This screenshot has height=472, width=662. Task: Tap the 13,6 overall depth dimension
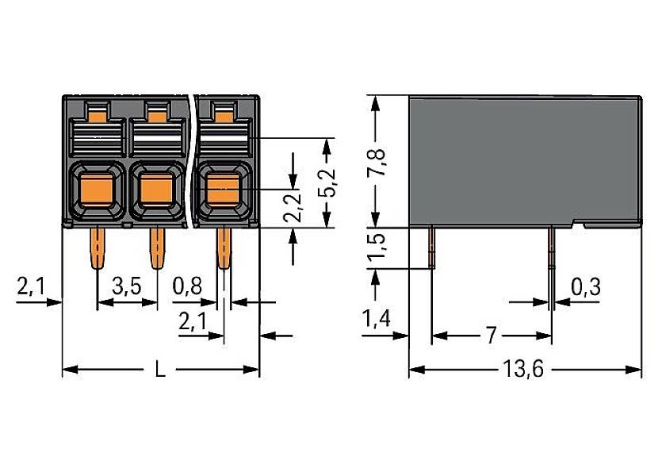[x=525, y=371]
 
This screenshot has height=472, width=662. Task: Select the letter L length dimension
[x=160, y=371]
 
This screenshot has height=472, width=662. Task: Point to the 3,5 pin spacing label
[x=127, y=287]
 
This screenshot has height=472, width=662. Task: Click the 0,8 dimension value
[x=187, y=287]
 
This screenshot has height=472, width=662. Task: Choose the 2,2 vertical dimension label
[x=294, y=206]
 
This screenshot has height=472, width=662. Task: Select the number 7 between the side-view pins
[x=491, y=336]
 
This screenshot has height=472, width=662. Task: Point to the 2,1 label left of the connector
[x=31, y=287]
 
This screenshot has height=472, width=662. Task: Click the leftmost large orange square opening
[x=95, y=190]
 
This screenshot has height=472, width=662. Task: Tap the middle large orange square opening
[x=157, y=190]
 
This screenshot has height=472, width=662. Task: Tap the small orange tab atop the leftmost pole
[x=96, y=117]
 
